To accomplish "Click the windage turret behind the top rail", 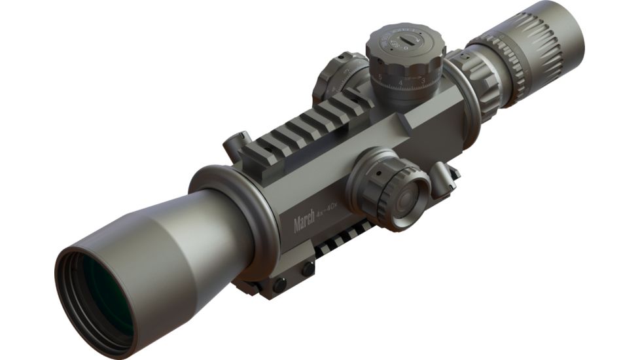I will pyautogui.click(x=337, y=79).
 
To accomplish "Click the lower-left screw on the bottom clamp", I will pyautogui.click(x=280, y=285).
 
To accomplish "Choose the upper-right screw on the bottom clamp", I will pyautogui.click(x=308, y=268).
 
